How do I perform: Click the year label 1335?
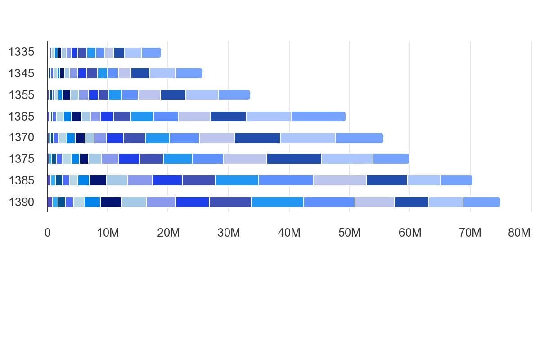coord(21,52)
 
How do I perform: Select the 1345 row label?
coord(21,73)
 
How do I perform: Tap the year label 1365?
coord(21,117)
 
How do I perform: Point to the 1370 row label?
coord(21,137)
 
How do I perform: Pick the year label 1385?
coord(21,180)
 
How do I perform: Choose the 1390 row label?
coord(21,202)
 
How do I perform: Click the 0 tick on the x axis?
coord(48,233)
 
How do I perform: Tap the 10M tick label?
coord(108,233)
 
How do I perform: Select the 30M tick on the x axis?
coord(229,233)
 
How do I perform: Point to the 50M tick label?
coord(349,233)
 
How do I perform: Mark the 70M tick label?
coord(470,233)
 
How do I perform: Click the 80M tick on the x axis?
coord(519,233)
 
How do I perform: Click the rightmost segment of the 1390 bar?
coord(481,202)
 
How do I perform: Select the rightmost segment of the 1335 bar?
coord(151,53)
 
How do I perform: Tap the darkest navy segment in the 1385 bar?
coord(98,180)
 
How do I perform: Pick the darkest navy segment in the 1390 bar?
coord(111,202)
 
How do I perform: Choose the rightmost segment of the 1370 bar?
coord(360,138)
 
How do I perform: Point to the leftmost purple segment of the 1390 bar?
coord(50,202)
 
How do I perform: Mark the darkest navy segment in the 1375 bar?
coord(84,159)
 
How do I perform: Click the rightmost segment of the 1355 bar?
coord(234,95)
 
